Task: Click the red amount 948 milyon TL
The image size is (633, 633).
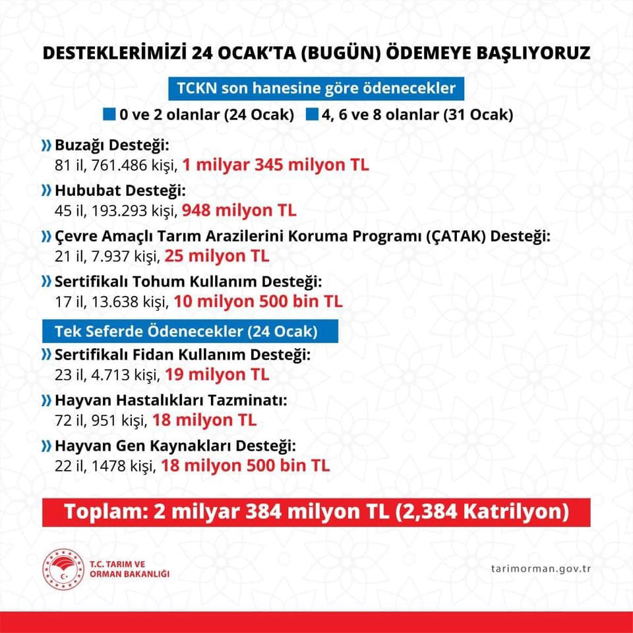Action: [x=239, y=210]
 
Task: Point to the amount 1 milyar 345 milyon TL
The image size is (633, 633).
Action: [x=276, y=164]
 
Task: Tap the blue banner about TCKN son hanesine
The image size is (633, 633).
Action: [x=316, y=88]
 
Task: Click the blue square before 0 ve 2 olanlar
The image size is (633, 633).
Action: [x=109, y=114]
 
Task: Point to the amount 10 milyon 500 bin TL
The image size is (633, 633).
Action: [x=257, y=302]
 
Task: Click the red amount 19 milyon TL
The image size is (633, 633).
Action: [x=217, y=375]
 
